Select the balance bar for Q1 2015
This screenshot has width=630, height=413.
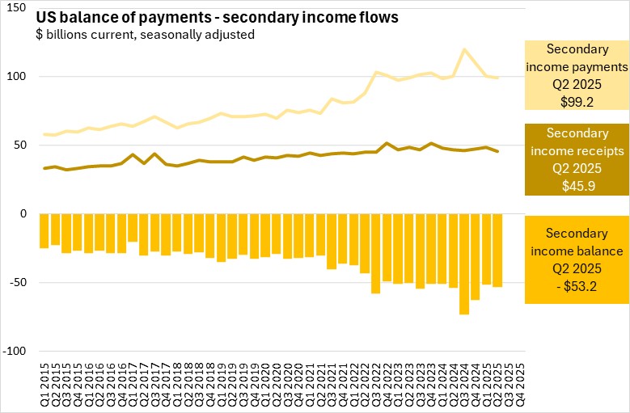pyautogui.click(x=44, y=231)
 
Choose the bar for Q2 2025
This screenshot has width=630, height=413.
pyautogui.click(x=497, y=251)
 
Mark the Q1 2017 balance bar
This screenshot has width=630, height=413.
pyautogui.click(x=133, y=228)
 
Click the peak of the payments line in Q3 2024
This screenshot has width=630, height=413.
pyautogui.click(x=464, y=49)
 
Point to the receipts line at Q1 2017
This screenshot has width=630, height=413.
pyautogui.click(x=133, y=154)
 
